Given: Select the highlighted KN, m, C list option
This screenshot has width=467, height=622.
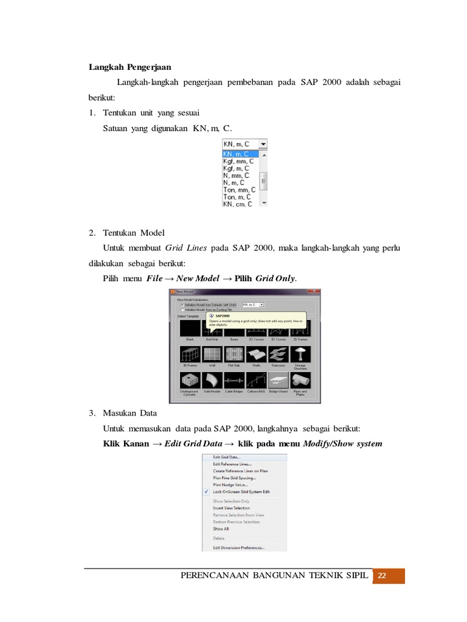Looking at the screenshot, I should pyautogui.click(x=240, y=154).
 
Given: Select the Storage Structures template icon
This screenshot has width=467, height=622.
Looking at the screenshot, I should pyautogui.click(x=300, y=355).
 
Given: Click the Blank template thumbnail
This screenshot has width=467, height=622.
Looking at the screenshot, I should pyautogui.click(x=190, y=329).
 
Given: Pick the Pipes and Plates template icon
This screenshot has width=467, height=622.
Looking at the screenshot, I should pyautogui.click(x=300, y=381).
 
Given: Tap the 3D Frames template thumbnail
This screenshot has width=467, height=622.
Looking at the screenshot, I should pyautogui.click(x=190, y=355).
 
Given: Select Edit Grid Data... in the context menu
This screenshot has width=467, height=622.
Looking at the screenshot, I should pyautogui.click(x=226, y=457).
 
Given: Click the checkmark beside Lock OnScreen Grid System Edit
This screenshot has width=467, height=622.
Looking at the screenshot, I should pyautogui.click(x=207, y=491).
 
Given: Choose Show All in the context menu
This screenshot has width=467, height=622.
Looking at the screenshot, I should pyautogui.click(x=221, y=528).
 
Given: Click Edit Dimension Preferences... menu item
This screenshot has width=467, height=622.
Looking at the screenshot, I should pyautogui.click(x=238, y=547).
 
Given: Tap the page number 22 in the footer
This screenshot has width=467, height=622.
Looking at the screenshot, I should pyautogui.click(x=382, y=576).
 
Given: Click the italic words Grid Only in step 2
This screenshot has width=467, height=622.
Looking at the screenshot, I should pyautogui.click(x=275, y=278).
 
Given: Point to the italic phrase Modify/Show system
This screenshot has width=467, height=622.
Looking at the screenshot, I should pyautogui.click(x=342, y=443).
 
